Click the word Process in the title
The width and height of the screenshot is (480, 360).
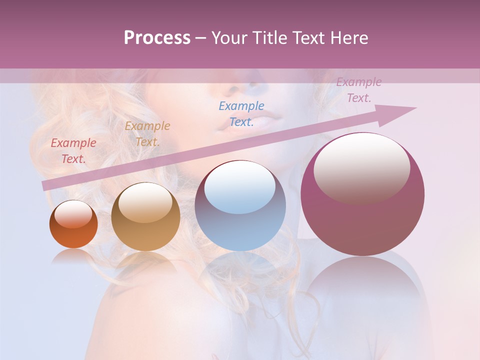(157, 38)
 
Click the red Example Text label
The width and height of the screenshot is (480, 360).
(73, 151)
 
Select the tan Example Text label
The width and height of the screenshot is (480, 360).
(147, 134)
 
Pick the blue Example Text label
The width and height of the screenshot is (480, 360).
(241, 113)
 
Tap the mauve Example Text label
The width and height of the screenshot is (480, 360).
(359, 90)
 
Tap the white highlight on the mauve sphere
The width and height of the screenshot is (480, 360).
(362, 167)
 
